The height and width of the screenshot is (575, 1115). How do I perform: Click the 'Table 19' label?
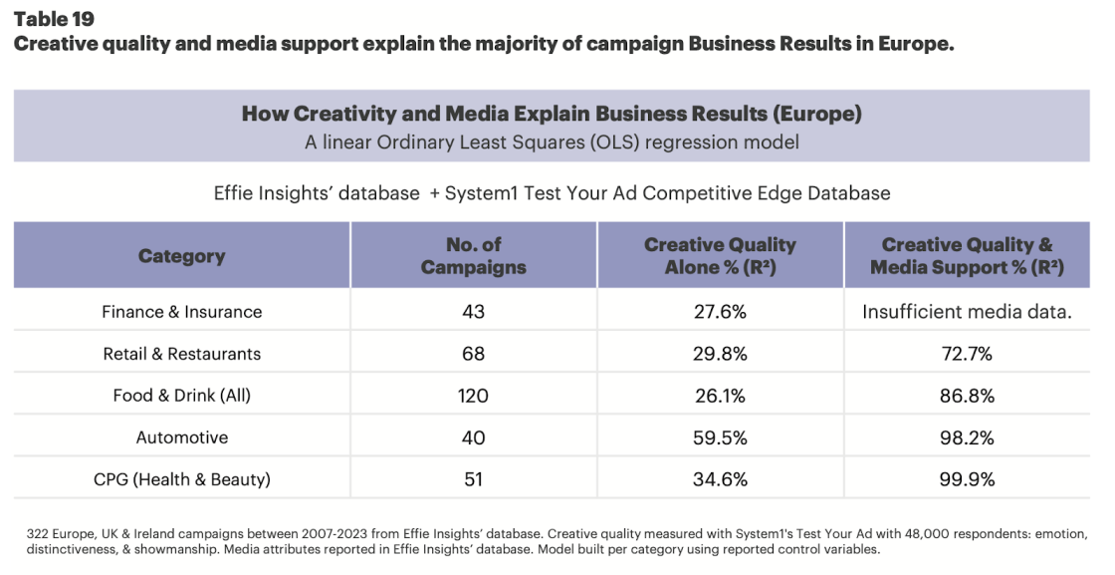coord(55,20)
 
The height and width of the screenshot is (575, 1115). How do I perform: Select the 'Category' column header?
coord(181,256)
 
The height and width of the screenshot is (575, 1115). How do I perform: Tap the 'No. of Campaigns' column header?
coord(473,256)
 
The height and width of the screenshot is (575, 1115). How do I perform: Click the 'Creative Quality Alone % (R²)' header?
coord(720,256)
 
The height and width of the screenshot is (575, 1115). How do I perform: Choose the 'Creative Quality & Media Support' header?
coord(966,256)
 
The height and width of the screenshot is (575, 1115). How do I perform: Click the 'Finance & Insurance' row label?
coord(181,312)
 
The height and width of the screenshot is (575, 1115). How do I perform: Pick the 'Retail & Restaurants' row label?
coord(181,354)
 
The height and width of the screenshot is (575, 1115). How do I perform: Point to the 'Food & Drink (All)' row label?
coord(181,396)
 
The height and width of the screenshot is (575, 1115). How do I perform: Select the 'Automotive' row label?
coord(181,437)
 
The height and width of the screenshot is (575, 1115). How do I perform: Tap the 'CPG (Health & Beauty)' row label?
coord(181,479)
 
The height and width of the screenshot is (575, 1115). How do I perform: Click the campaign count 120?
coord(473,396)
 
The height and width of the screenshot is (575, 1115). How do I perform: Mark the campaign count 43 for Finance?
coord(473,312)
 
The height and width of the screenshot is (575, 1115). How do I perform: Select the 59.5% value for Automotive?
coord(720,437)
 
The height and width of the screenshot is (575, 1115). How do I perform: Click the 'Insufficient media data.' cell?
coord(966,312)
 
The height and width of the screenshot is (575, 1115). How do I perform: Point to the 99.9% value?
coord(966,479)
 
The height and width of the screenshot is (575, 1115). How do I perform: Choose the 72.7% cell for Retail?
coord(966,354)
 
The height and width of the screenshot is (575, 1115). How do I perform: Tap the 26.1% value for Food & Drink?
coord(720,396)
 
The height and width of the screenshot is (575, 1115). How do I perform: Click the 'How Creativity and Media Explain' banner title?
coord(552,114)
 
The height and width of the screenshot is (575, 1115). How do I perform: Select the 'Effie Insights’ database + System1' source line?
coord(552,193)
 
